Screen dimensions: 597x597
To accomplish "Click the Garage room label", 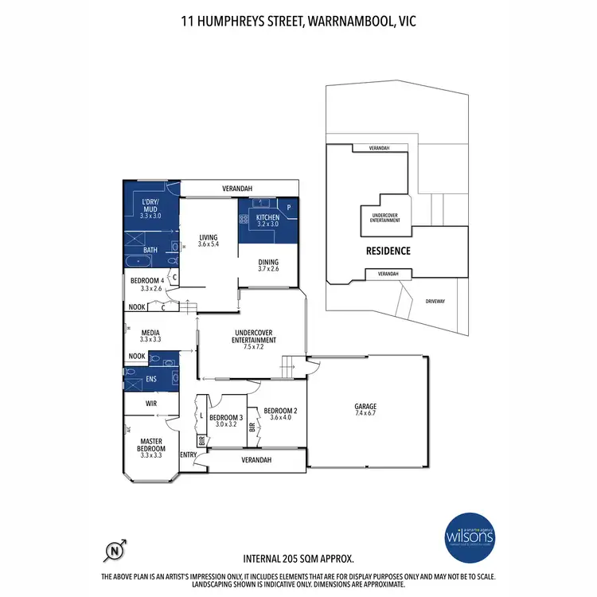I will [x=366, y=406].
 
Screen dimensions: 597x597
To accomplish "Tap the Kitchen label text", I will [x=267, y=217].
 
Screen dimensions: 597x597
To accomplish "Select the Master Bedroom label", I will [x=151, y=444].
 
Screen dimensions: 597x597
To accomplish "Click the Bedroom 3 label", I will [x=226, y=418].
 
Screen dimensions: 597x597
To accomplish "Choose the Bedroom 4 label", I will [x=147, y=280].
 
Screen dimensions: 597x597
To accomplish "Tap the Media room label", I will [x=151, y=333].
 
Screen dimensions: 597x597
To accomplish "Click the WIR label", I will [x=150, y=404].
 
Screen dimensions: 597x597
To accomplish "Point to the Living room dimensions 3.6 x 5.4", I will [x=209, y=244].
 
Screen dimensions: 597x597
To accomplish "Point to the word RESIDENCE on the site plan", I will [x=388, y=251].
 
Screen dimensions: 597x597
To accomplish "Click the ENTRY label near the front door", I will [x=189, y=455].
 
